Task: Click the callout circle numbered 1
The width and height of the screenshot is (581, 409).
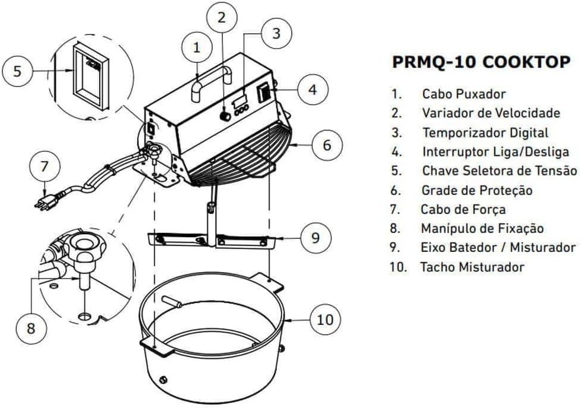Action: pyautogui.click(x=197, y=47)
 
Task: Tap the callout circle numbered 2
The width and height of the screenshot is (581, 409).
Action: pyautogui.click(x=221, y=17)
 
